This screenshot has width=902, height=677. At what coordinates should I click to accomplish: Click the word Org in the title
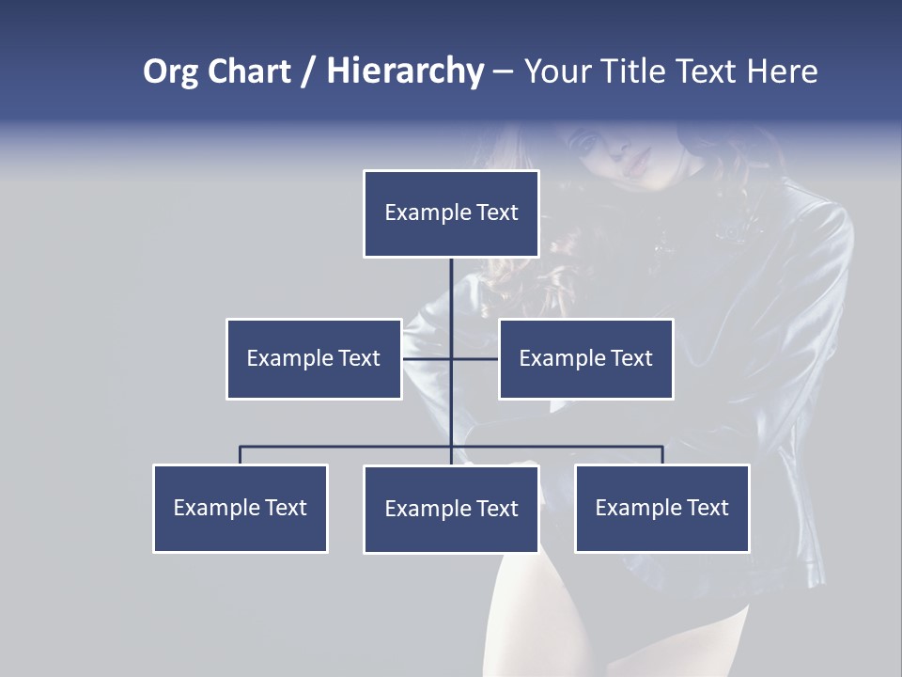(x=170, y=71)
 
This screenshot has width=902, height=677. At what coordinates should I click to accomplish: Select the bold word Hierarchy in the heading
(x=405, y=71)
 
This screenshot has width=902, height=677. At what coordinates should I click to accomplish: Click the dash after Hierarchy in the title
(x=503, y=71)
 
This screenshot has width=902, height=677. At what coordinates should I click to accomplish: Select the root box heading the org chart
(x=451, y=213)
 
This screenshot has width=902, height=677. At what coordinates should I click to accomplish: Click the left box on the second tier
(x=314, y=358)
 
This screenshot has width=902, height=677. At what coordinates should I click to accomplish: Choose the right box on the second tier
(x=585, y=358)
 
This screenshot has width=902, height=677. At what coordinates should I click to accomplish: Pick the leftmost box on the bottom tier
(x=240, y=508)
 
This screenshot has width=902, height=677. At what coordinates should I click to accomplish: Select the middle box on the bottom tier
(x=451, y=509)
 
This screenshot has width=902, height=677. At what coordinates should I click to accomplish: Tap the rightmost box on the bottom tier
(x=661, y=508)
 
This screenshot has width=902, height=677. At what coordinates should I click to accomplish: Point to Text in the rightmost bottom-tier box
(x=708, y=508)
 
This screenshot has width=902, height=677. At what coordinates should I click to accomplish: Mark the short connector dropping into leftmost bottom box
(x=240, y=455)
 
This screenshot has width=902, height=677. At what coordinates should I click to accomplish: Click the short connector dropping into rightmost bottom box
(x=662, y=455)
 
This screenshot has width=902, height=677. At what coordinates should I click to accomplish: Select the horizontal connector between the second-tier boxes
(x=451, y=358)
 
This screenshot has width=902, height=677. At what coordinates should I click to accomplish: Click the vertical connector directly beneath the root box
(x=451, y=287)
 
